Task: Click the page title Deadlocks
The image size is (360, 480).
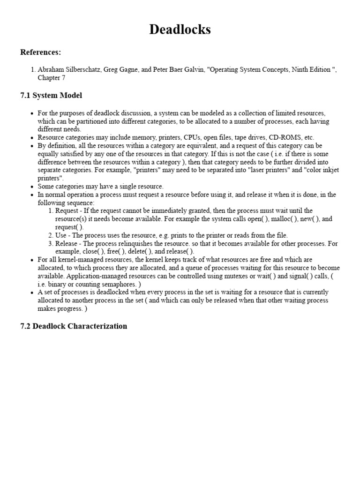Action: click(x=180, y=30)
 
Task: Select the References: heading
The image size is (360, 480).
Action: click(x=41, y=52)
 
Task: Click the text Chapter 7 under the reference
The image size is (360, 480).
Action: click(x=52, y=78)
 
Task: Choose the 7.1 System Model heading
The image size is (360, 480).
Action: click(x=51, y=96)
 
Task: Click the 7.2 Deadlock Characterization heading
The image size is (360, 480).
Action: click(x=74, y=326)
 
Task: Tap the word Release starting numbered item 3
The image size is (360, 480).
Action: click(x=67, y=244)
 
